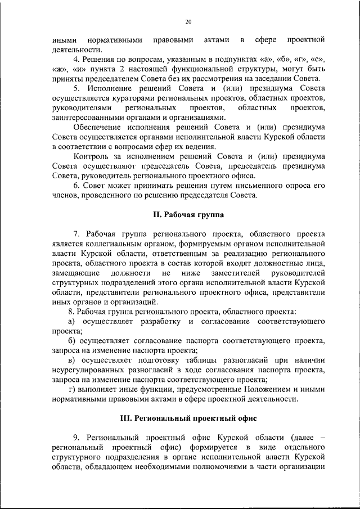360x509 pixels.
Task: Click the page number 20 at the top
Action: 188,21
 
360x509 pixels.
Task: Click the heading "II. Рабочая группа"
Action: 188,214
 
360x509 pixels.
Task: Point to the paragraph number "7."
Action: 77,233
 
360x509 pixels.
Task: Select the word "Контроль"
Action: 91,157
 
